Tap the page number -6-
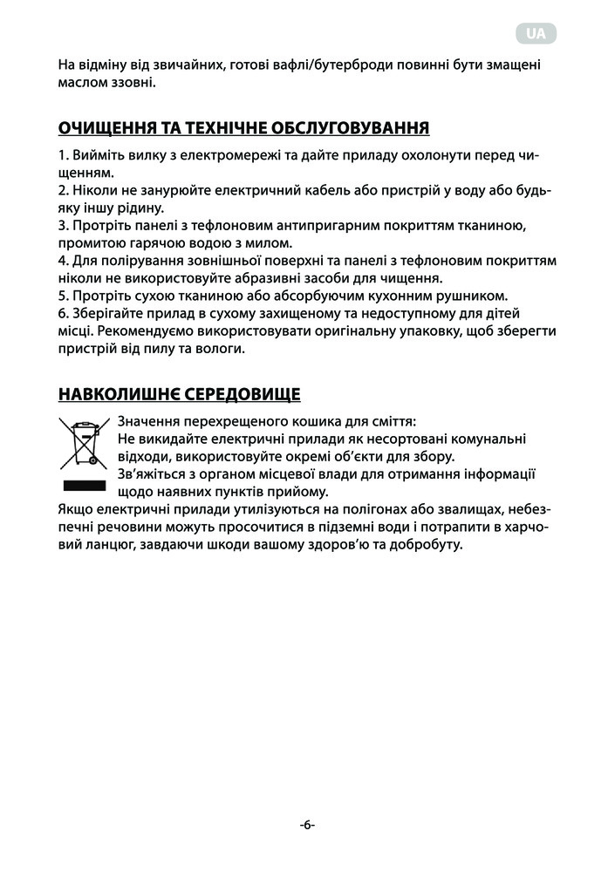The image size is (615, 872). click(x=307, y=824)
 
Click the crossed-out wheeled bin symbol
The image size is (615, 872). click(x=85, y=441)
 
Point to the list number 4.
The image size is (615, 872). click(x=62, y=262)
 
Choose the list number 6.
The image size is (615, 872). click(x=62, y=315)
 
